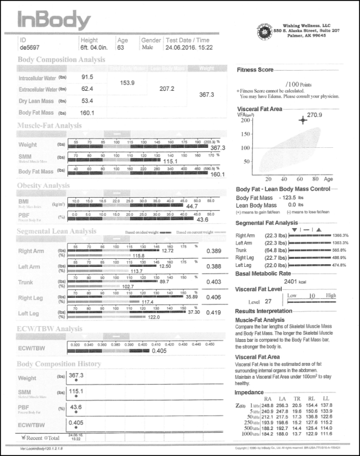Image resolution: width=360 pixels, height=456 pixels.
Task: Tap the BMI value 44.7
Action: pos(193,207)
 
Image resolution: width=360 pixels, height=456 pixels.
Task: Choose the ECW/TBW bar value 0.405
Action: pos(159,351)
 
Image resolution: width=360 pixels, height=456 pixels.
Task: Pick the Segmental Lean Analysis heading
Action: pos(57,231)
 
